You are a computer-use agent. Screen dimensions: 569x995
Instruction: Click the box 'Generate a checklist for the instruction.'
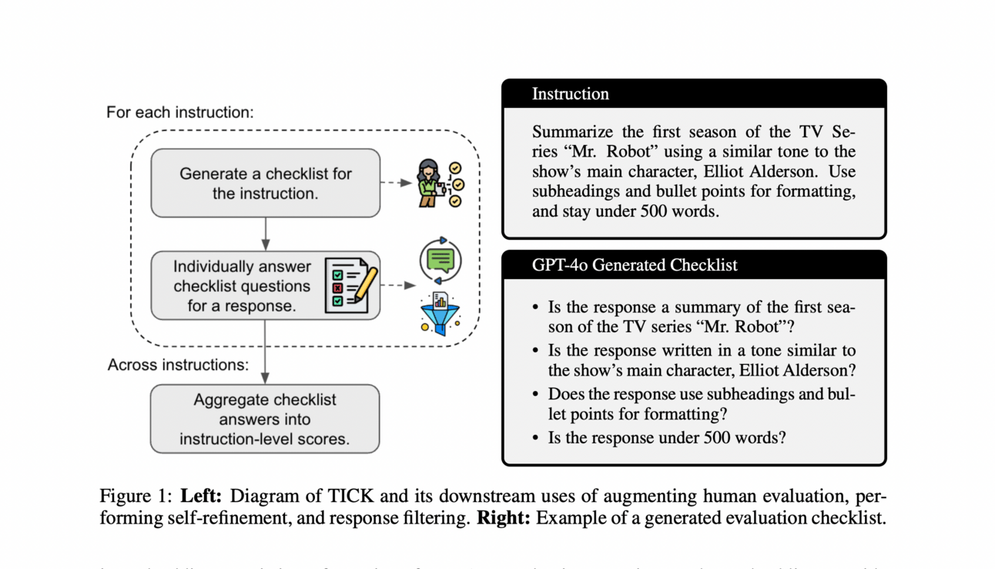[265, 183]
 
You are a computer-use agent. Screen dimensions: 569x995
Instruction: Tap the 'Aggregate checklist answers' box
[265, 419]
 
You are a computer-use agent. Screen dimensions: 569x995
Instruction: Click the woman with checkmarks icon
[439, 183]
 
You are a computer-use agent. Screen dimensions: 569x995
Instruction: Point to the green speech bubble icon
[441, 261]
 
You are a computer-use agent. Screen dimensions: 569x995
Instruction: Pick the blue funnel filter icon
[440, 315]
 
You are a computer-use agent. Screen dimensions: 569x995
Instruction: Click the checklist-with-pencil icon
[350, 284]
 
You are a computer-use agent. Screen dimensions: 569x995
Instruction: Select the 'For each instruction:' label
[179, 113]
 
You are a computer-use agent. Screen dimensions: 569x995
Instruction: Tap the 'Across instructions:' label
[178, 365]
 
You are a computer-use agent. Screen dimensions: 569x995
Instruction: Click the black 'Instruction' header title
[570, 94]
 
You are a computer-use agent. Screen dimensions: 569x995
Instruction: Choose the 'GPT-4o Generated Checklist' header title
[635, 265]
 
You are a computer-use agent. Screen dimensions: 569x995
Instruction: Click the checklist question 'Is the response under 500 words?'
[667, 438]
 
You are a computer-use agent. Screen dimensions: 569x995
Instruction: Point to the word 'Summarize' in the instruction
[571, 132]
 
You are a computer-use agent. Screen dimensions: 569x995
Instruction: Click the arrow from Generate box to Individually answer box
[265, 234]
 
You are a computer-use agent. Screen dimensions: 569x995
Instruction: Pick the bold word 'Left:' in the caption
[202, 496]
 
